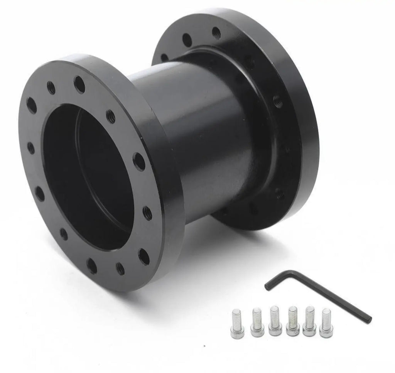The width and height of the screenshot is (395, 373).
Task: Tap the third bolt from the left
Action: (275, 321)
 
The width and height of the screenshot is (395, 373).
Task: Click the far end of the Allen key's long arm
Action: (370, 321)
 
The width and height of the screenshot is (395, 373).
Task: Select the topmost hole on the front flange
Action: (79, 84)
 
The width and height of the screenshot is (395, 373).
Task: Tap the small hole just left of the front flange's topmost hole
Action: (51, 88)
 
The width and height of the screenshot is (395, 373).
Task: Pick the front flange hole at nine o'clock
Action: (31, 148)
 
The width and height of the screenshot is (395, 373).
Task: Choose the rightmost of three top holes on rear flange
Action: (216, 33)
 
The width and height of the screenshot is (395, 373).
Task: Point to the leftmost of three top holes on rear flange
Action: (165, 57)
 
